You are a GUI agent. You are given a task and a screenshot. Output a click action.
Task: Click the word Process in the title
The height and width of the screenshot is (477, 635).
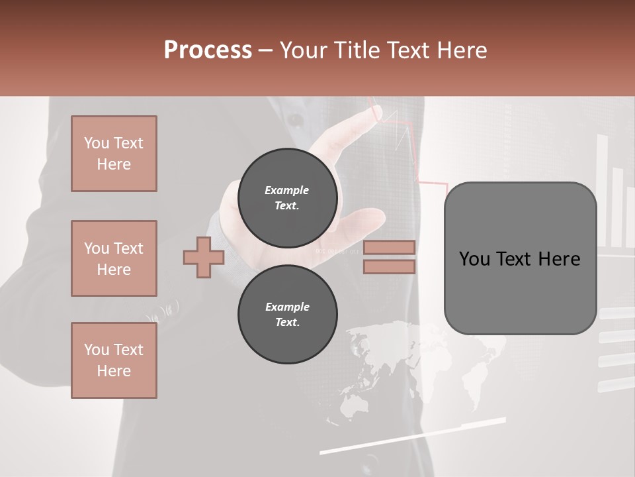point(208,50)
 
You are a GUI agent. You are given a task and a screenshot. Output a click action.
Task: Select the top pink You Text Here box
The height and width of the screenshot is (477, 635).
point(114,154)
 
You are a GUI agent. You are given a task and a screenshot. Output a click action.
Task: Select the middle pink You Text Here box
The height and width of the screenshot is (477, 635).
point(114,258)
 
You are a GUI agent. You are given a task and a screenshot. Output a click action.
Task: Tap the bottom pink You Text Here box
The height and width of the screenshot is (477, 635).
point(114,360)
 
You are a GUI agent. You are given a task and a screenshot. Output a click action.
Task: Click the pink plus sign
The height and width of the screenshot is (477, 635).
point(204,257)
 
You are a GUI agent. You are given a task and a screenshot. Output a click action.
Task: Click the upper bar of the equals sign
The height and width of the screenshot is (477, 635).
point(389,247)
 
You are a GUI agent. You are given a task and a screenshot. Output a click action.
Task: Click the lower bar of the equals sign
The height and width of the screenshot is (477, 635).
point(389,267)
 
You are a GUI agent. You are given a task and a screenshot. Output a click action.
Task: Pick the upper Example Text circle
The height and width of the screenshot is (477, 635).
point(287,197)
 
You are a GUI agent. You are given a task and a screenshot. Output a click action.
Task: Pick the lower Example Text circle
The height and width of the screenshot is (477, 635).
point(287,314)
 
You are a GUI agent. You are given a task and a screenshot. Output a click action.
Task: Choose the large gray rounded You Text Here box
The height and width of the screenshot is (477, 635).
point(520,258)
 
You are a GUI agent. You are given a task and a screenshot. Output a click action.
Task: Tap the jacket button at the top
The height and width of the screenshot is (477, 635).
point(295,120)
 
